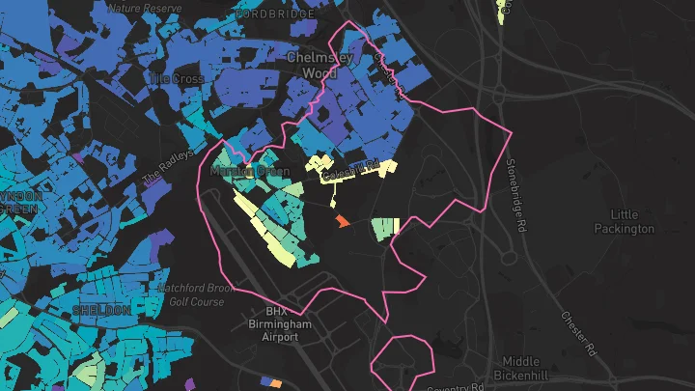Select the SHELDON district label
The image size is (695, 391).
[101, 311]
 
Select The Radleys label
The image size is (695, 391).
[169, 165]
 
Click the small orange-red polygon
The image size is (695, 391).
[341, 222]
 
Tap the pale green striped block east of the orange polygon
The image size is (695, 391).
[386, 228]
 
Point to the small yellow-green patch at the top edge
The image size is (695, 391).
[502, 10]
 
